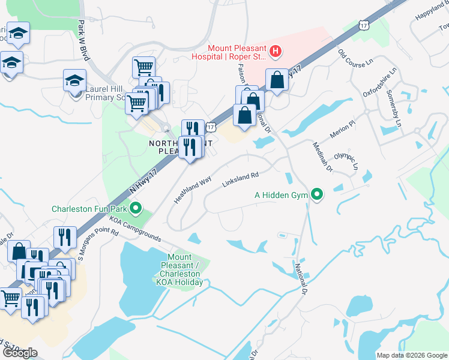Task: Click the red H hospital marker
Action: (275, 52)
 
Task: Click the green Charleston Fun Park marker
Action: (136, 209)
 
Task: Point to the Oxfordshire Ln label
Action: (380, 83)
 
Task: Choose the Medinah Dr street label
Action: (322, 157)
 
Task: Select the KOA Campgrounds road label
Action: (134, 229)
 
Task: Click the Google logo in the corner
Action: (19, 352)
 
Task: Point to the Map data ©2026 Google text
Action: (412, 355)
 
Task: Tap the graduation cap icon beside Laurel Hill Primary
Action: (74, 80)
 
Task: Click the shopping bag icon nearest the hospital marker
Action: (276, 79)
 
